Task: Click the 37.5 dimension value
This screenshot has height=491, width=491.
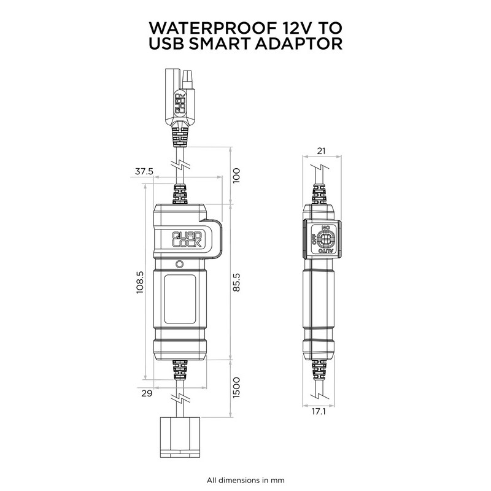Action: [144, 171]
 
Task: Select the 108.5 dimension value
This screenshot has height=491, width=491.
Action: [140, 282]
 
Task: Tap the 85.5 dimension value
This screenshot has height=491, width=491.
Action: [236, 282]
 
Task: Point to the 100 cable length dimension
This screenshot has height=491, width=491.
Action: [236, 176]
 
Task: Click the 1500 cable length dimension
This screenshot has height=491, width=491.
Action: [236, 388]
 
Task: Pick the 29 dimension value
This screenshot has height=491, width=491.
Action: [147, 393]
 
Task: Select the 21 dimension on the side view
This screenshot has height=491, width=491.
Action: [321, 151]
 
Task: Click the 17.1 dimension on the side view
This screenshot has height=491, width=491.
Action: [319, 411]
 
